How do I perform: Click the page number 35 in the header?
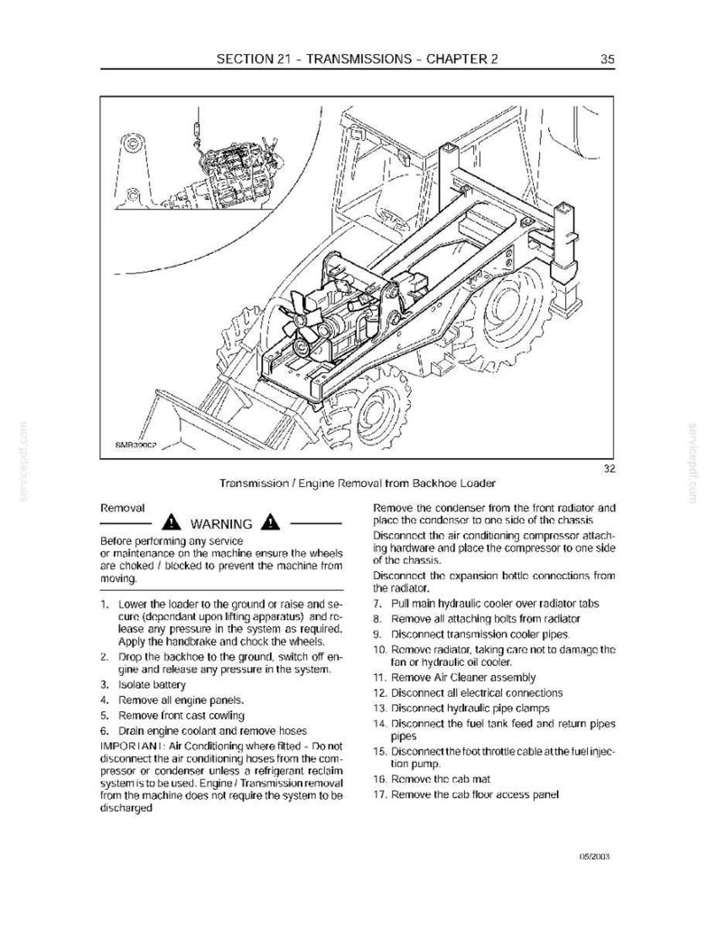tap(608, 59)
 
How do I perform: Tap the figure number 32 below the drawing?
tap(610, 469)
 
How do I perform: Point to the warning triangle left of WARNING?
tap(172, 523)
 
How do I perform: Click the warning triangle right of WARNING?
tap(271, 523)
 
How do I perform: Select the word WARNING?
tap(221, 524)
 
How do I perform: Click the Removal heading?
tap(123, 509)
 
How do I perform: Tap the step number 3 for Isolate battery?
tap(104, 685)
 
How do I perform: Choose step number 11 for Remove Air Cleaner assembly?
tap(379, 677)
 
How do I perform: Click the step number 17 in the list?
tap(379, 794)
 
